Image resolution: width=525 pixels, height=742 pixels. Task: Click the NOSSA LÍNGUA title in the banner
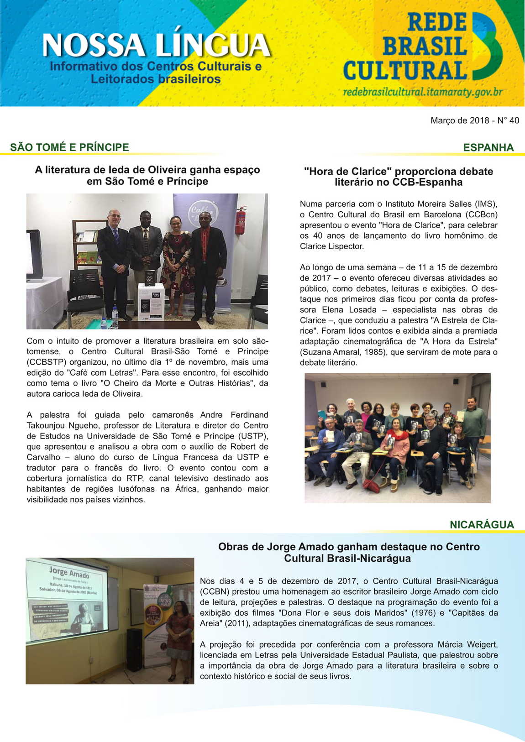point(156,46)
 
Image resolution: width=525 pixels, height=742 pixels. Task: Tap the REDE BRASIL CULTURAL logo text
point(406,47)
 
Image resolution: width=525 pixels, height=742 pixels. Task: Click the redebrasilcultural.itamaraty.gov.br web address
point(422,92)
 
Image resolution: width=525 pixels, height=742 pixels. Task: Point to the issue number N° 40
point(508,120)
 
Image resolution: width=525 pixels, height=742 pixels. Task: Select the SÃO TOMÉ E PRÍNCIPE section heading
point(69,147)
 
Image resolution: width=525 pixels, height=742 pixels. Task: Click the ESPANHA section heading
point(488,147)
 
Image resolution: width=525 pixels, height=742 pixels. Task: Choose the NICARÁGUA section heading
point(482,525)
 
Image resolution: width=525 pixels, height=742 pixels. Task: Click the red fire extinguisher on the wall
point(241,221)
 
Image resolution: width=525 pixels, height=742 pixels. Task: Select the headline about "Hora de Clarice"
point(398,177)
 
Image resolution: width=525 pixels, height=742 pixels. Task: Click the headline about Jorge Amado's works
point(348,552)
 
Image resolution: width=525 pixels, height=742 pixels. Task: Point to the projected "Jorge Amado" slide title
point(69,572)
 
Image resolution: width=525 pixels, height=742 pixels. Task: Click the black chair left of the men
point(85,292)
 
